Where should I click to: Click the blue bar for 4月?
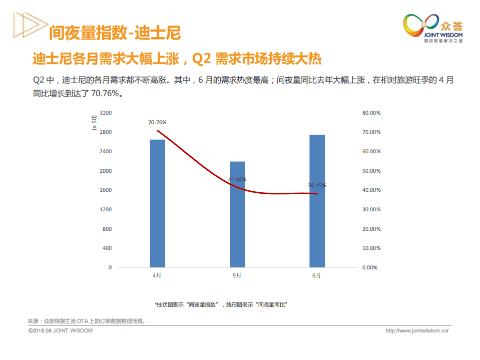(x=157, y=203)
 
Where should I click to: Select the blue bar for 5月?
(x=237, y=214)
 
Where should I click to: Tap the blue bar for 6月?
(x=317, y=201)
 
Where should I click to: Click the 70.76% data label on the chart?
(x=157, y=122)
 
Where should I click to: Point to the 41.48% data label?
(x=237, y=179)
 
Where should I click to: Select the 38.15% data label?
(x=317, y=185)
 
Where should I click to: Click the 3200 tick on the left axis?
(x=106, y=113)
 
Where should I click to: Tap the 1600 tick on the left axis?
(x=106, y=190)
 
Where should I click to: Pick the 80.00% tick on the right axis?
(x=371, y=113)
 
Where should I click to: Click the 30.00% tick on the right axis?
(x=371, y=209)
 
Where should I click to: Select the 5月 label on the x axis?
(x=237, y=275)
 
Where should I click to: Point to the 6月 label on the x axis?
(x=317, y=275)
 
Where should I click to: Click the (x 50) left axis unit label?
(x=94, y=123)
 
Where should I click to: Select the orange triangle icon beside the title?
(x=25, y=25)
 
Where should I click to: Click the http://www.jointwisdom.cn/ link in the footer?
(x=417, y=330)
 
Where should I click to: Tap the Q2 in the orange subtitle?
(x=201, y=59)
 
